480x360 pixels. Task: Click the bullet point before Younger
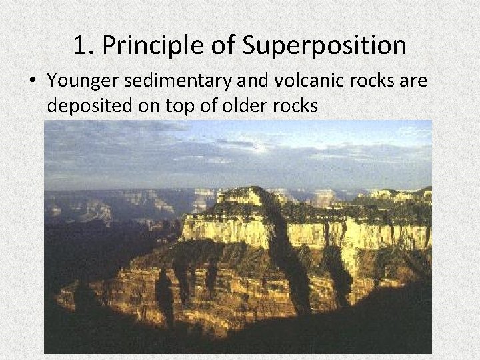pyautogui.click(x=33, y=80)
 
